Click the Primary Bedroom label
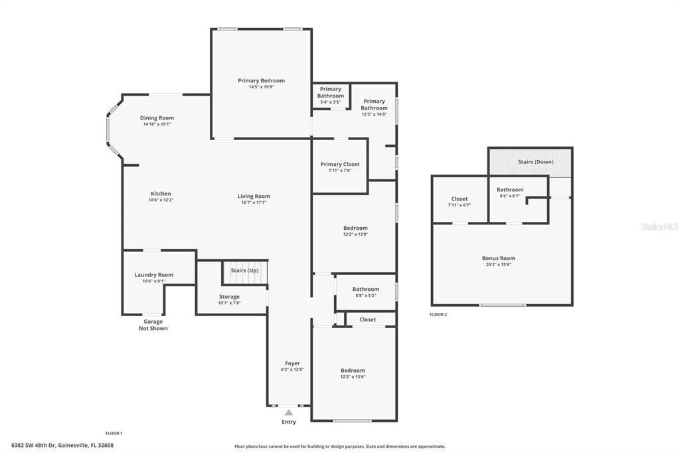coord(261,81)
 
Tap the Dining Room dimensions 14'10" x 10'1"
coord(157,124)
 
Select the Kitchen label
coord(160,194)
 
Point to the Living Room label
coord(254,196)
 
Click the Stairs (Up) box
coord(244,271)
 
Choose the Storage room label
coord(229,297)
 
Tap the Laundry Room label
coord(153,275)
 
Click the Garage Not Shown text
coord(153,325)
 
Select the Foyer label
coord(292,363)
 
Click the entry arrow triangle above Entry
coord(289,412)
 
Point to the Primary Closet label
coord(339,164)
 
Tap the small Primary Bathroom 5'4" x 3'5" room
coord(330,95)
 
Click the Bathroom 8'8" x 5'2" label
coord(365,289)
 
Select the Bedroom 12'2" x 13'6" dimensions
coord(353,377)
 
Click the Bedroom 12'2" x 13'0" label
coord(355,228)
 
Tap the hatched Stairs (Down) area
coord(530,161)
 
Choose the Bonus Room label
coord(498,258)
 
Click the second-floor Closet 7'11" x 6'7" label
coord(459,199)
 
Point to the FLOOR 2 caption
coord(438,314)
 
